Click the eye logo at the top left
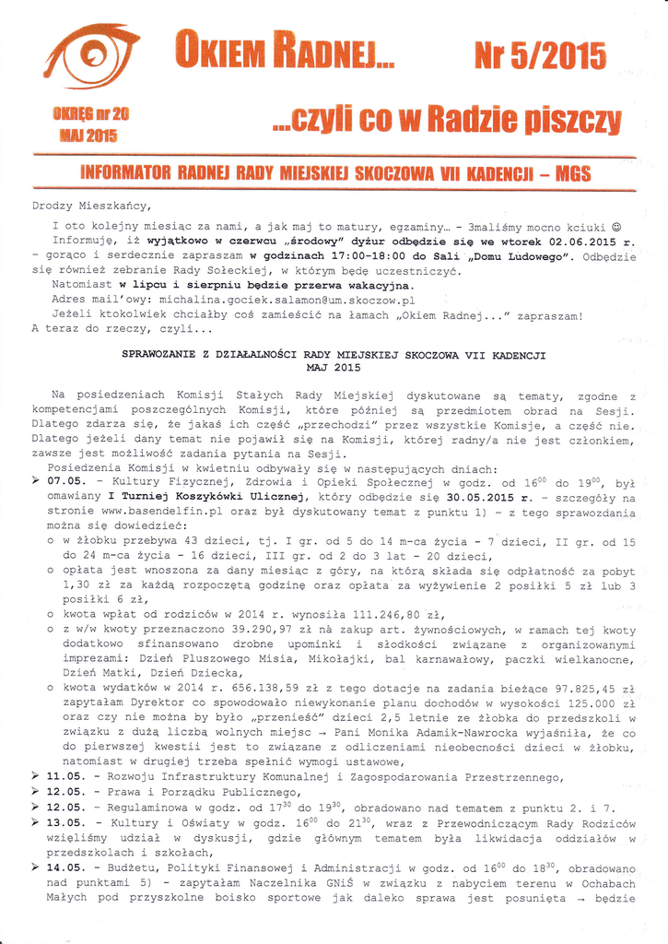tap(91, 55)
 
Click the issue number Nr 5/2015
tap(540, 56)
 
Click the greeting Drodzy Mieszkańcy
tap(91, 206)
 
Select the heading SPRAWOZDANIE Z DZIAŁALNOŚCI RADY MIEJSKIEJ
tap(334, 353)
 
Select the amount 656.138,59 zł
tap(237, 688)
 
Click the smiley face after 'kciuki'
tap(616, 224)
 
